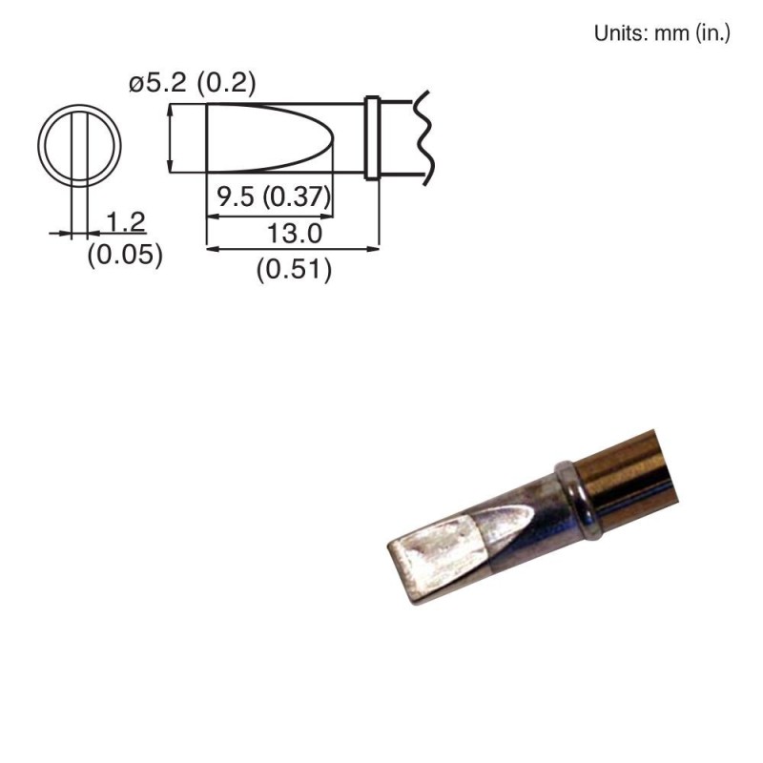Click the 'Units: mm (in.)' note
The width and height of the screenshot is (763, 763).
(662, 33)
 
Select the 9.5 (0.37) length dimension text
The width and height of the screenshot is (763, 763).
(273, 198)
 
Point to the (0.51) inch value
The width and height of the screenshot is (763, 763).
(294, 271)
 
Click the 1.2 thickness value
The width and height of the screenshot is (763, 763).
(125, 222)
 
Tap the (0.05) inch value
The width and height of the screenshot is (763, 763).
(125, 256)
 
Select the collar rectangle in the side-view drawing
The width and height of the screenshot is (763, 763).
(373, 137)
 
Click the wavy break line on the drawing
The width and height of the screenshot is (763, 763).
(422, 137)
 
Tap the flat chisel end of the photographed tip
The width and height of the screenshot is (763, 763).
(401, 572)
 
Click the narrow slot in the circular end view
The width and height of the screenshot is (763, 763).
(80, 147)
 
